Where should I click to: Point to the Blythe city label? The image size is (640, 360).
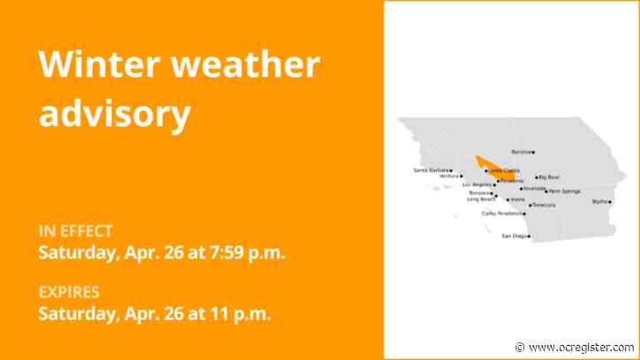click(x=599, y=202)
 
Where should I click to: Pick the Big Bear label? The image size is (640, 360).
click(x=549, y=177)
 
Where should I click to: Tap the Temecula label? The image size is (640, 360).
click(x=544, y=206)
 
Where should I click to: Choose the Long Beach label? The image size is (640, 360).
click(x=481, y=199)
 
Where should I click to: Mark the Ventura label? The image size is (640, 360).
click(x=448, y=176)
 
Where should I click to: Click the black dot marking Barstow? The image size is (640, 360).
click(x=533, y=152)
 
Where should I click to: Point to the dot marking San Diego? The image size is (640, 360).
click(x=529, y=236)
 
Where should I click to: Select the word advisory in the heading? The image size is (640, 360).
click(x=115, y=113)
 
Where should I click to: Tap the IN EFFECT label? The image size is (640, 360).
click(x=75, y=231)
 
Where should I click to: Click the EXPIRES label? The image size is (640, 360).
click(x=69, y=292)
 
